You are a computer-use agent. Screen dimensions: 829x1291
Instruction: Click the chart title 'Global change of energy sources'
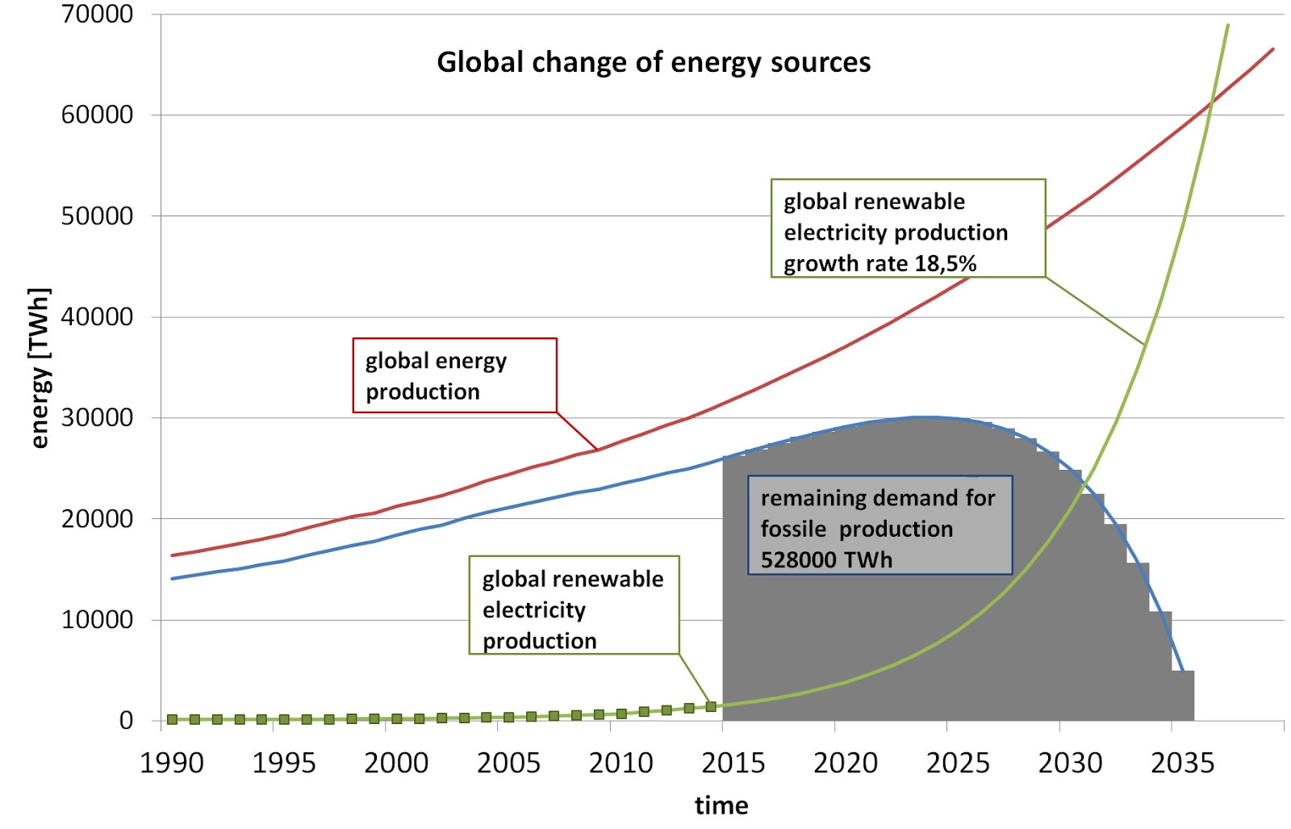654,62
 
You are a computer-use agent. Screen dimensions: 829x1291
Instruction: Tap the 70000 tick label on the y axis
97,14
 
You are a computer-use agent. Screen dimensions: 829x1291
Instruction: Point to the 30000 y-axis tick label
97,417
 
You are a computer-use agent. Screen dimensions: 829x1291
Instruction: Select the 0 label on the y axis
126,720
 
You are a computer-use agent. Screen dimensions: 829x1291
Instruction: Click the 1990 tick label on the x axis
171,763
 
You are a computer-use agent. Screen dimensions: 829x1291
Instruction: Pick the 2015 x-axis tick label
733,763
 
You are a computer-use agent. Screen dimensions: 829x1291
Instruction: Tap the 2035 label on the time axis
1182,763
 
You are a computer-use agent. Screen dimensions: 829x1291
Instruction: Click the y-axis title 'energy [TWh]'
39,367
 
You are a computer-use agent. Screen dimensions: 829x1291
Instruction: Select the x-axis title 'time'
721,805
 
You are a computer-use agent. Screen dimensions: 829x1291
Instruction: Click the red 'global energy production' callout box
454,375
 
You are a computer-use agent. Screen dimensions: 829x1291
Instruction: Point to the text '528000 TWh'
826,559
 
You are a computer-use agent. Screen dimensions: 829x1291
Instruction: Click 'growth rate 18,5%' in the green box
879,263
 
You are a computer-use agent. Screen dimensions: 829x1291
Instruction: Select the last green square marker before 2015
711,706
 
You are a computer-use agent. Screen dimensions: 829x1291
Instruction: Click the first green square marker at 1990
172,718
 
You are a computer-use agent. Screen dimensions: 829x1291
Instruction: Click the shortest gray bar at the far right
1183,695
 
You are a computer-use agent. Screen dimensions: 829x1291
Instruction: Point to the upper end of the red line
1272,49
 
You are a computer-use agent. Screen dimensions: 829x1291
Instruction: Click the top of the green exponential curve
1227,26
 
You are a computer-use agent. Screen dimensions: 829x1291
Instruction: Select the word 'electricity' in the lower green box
533,609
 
